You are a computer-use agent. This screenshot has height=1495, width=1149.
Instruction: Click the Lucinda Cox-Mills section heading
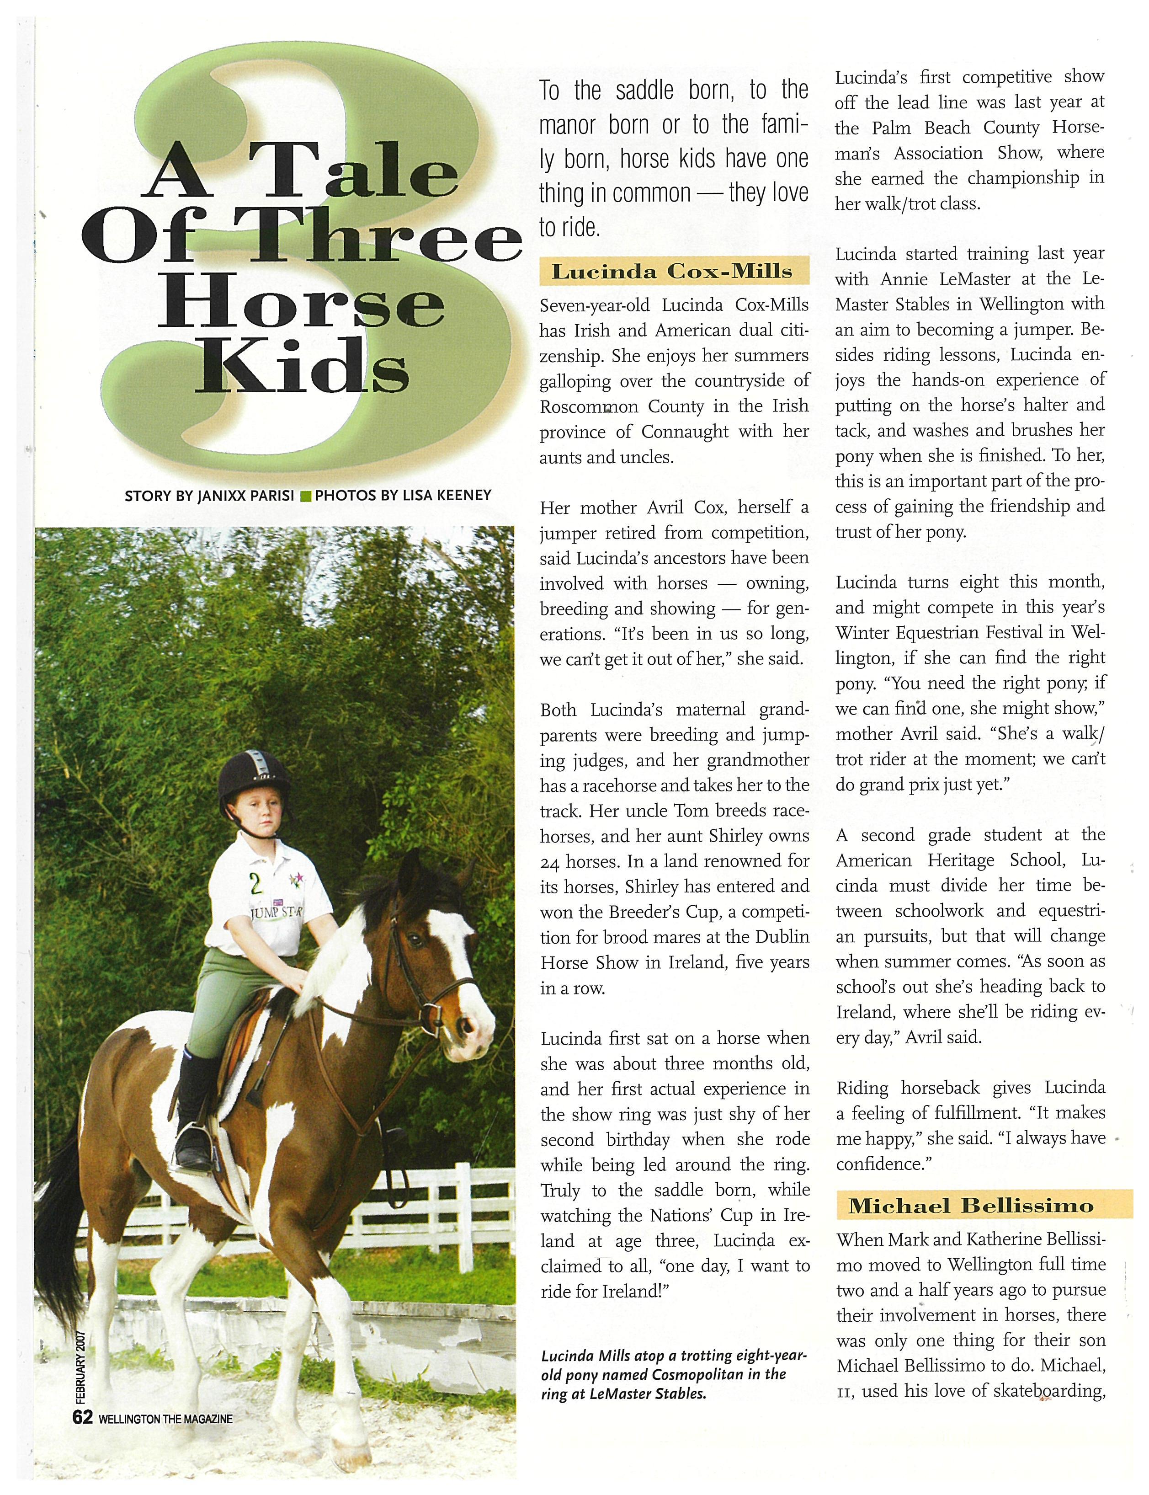[672, 272]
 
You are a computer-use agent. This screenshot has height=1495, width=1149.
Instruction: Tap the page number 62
[83, 1418]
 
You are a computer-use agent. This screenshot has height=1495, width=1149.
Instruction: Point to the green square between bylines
[306, 496]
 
